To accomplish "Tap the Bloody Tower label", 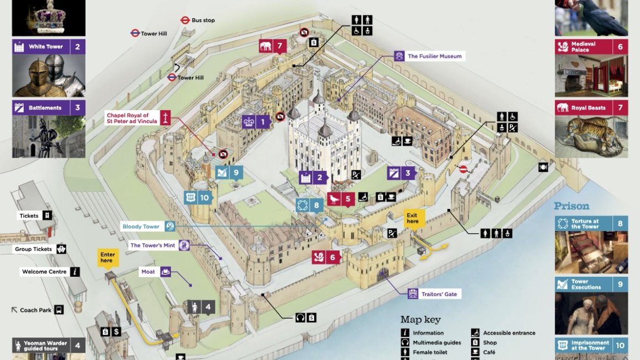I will click(141, 227).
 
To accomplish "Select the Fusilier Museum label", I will click(434, 56).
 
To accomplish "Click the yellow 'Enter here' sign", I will click(107, 257).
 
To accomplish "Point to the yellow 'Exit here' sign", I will click(412, 218).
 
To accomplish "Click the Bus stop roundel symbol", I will click(185, 20).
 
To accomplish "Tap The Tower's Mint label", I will click(153, 245).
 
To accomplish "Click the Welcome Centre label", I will click(44, 272).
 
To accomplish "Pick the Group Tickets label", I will click(34, 249).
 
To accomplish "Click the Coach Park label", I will click(36, 310).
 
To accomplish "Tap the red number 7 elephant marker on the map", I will click(273, 46).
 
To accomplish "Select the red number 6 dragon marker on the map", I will click(326, 257).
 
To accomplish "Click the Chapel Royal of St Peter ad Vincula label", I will click(132, 118).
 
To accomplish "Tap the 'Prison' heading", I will click(572, 206).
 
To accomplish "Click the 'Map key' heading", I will click(420, 320).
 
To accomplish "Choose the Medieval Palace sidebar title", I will click(583, 47).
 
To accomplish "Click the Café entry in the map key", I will click(489, 352).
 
